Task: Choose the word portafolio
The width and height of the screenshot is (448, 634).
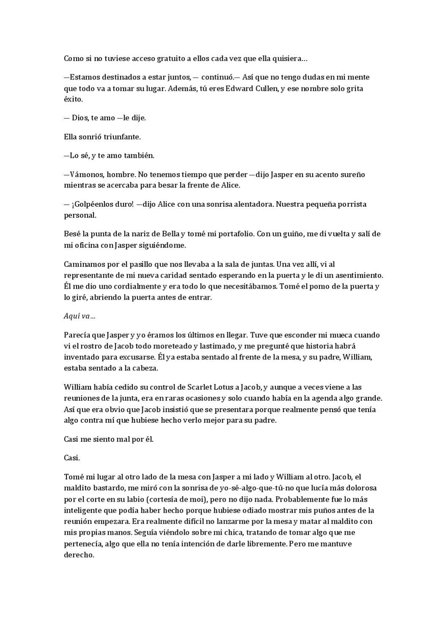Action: coord(233,234)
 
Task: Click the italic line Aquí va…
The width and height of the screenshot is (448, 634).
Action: coord(79,316)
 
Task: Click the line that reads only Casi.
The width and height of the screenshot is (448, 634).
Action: coord(72,458)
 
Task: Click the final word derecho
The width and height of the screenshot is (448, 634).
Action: coord(79,555)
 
